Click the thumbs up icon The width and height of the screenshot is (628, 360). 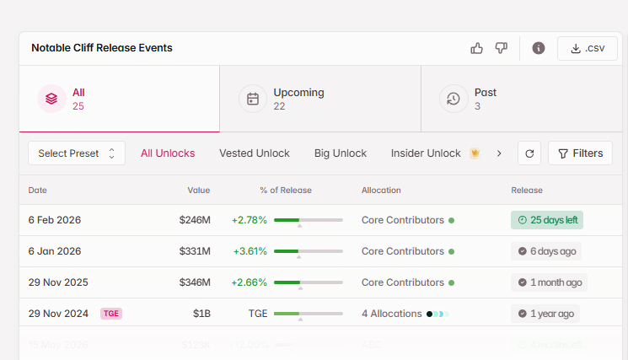pyautogui.click(x=477, y=48)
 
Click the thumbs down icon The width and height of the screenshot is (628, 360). pyautogui.click(x=502, y=48)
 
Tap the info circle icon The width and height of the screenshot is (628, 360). pyautogui.click(x=539, y=48)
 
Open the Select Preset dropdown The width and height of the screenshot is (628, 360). pyautogui.click(x=77, y=153)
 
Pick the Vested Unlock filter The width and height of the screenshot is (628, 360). pyautogui.click(x=255, y=153)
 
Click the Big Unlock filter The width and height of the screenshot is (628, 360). pyautogui.click(x=341, y=153)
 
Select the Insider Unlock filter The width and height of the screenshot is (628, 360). pyautogui.click(x=426, y=153)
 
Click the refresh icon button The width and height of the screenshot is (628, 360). pyautogui.click(x=529, y=153)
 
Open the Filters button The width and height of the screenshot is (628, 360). pyautogui.click(x=580, y=153)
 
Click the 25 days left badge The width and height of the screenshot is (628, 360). pyautogui.click(x=547, y=220)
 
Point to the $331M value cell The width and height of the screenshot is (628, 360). pyautogui.click(x=194, y=251)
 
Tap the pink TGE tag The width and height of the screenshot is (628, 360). pyautogui.click(x=111, y=314)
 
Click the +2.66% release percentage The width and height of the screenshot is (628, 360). pyautogui.click(x=250, y=282)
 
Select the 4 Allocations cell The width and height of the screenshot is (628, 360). pyautogui.click(x=392, y=314)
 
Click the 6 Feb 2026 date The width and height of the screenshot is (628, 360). pyautogui.click(x=55, y=220)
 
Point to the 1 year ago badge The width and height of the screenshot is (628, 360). pyautogui.click(x=545, y=314)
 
